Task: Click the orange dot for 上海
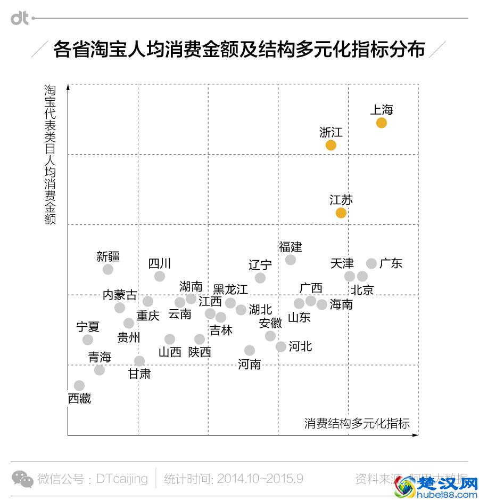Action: pyautogui.click(x=381, y=123)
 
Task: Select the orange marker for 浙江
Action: pyautogui.click(x=331, y=145)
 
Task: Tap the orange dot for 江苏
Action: pyautogui.click(x=341, y=213)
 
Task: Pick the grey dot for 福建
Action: pyautogui.click(x=290, y=260)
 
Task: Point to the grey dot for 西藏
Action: pyautogui.click(x=79, y=385)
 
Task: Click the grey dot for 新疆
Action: pyautogui.click(x=108, y=269)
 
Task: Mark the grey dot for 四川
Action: pyautogui.click(x=160, y=276)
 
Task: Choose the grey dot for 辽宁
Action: pyautogui.click(x=260, y=278)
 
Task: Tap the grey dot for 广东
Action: pyautogui.click(x=371, y=263)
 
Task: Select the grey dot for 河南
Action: pyautogui.click(x=250, y=350)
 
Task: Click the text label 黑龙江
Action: pyautogui.click(x=230, y=289)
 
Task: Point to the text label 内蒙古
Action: pyautogui.click(x=120, y=295)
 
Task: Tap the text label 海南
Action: pyautogui.click(x=341, y=304)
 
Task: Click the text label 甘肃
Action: pyautogui.click(x=139, y=374)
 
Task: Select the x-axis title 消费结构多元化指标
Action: pyautogui.click(x=357, y=423)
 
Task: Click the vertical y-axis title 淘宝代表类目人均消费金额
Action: pyautogui.click(x=50, y=155)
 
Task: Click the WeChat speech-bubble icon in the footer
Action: pyautogui.click(x=22, y=479)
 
